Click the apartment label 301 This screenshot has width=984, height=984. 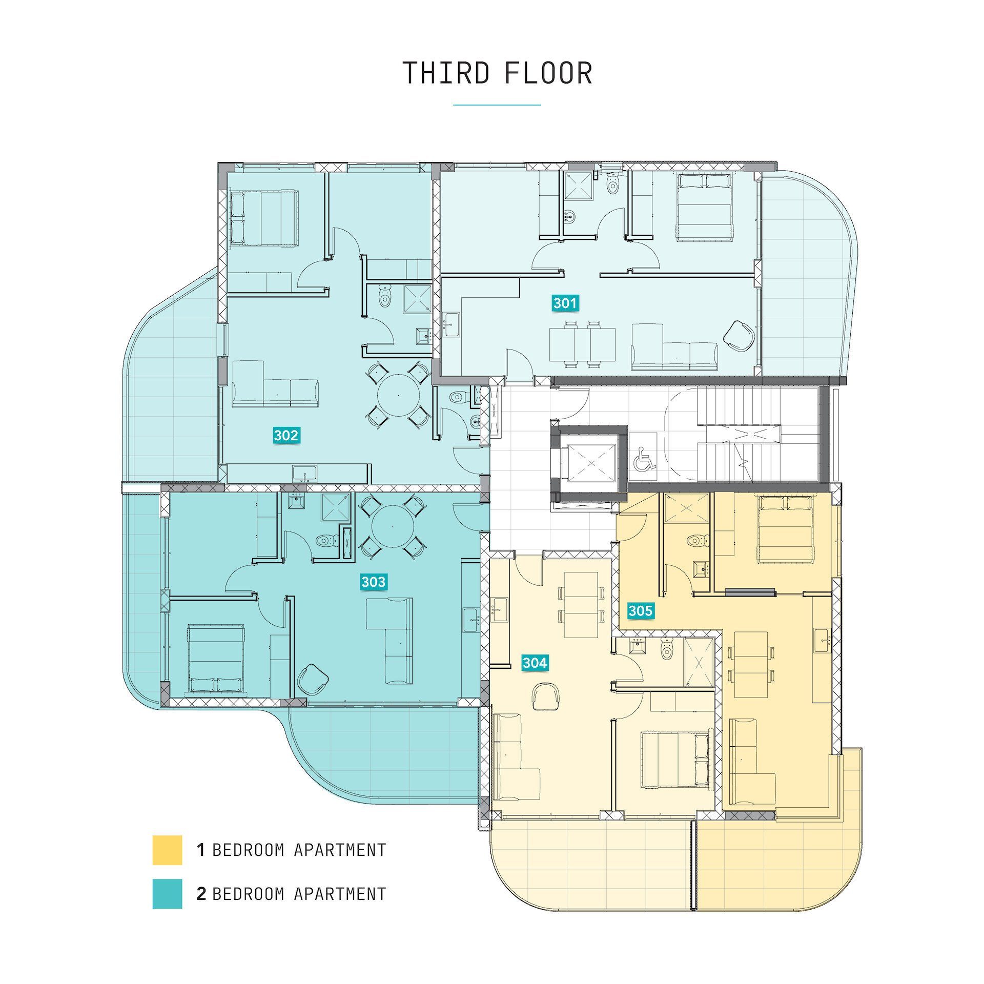565,303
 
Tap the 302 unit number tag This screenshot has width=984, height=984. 286,436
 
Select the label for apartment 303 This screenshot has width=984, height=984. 374,582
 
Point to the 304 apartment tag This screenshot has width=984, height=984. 535,663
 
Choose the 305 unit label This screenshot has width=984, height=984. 641,610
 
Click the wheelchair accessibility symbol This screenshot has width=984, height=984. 644,459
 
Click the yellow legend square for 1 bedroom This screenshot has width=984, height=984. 167,850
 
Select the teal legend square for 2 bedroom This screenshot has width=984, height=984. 167,894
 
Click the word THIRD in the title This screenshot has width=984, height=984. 446,73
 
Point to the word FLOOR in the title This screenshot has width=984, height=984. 548,73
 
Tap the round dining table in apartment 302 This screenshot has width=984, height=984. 398,395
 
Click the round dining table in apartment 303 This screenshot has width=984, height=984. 393,526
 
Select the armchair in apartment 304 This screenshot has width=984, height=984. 546,696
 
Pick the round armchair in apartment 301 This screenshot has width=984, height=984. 740,336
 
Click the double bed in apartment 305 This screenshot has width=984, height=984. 786,528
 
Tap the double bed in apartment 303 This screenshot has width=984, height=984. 215,659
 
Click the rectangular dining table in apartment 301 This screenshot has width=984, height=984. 582,344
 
